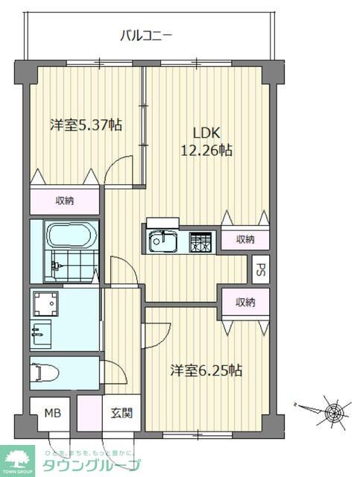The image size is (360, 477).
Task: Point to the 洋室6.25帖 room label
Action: click(x=206, y=370)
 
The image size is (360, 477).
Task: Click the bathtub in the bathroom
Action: click(x=68, y=238)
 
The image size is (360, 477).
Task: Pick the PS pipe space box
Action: click(x=259, y=269)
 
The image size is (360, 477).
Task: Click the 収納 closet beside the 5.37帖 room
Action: click(x=64, y=200)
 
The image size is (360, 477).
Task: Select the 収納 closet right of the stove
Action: click(x=245, y=238)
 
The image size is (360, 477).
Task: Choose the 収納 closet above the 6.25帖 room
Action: click(x=245, y=302)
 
